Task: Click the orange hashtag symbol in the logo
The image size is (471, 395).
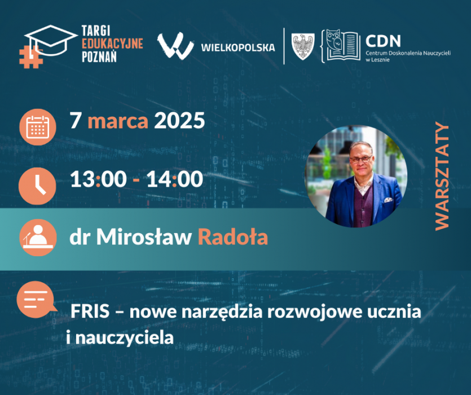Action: tap(30, 57)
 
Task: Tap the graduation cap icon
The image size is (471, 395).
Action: tap(51, 40)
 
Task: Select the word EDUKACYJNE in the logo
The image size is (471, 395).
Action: tap(112, 43)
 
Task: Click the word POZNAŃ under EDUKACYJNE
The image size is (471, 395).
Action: tap(99, 56)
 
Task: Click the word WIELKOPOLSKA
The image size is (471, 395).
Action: tap(238, 47)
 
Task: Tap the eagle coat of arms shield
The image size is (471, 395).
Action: tap(303, 46)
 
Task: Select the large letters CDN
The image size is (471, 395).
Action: tap(384, 41)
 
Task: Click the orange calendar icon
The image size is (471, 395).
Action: tap(38, 127)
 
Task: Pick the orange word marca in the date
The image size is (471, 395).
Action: tap(118, 121)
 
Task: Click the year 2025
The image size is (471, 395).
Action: tap(179, 121)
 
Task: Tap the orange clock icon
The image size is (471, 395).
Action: tap(37, 186)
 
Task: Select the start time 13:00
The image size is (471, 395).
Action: tap(99, 179)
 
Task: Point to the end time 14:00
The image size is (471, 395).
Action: tap(174, 179)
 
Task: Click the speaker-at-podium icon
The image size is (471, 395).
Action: tap(38, 238)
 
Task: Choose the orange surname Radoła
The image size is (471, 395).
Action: tap(233, 237)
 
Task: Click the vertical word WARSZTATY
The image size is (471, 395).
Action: tap(442, 176)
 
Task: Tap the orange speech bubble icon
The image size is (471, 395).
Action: tap(36, 300)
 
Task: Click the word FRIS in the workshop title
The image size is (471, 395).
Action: tap(90, 311)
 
